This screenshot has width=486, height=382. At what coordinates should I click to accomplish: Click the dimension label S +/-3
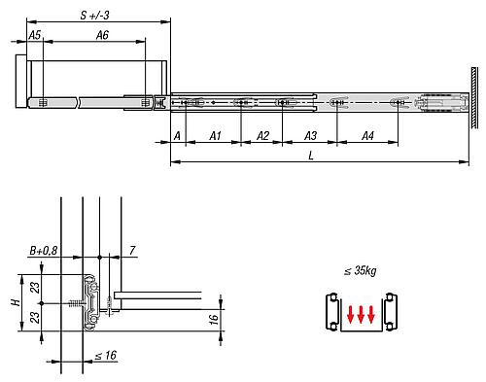[x=94, y=15]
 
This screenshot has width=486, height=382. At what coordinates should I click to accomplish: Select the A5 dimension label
[x=34, y=35]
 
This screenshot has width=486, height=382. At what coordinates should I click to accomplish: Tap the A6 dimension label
[x=102, y=35]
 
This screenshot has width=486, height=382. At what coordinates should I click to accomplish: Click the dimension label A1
[x=216, y=136]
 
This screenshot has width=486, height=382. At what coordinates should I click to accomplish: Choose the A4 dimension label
[x=366, y=136]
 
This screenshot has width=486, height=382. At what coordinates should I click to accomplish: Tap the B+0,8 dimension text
[x=44, y=251]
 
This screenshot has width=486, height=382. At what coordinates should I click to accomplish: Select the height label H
[x=15, y=301]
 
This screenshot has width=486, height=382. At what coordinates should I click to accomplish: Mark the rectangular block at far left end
[x=23, y=85]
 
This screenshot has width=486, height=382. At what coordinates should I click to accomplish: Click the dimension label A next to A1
[x=177, y=136]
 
